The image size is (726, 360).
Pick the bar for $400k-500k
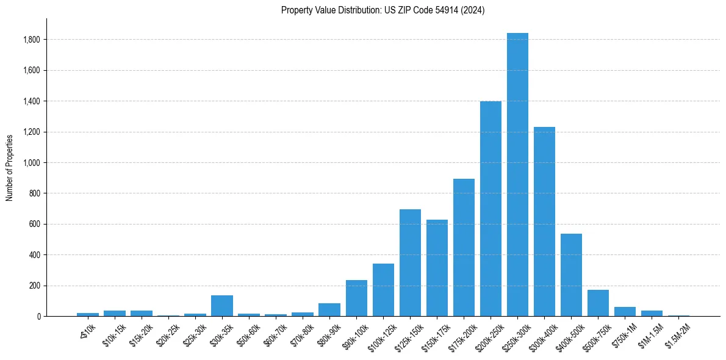(571, 275)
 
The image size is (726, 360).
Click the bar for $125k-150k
(410, 262)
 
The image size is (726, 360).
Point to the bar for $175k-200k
(464, 247)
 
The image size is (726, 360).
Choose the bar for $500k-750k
(598, 303)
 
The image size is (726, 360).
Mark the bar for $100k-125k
(383, 290)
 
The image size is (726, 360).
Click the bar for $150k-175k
(437, 268)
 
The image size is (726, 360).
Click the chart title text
(383, 10)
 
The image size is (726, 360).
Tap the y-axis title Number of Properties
(10, 167)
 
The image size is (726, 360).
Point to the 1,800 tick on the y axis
(31, 40)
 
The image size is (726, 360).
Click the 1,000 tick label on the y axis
(31, 163)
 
